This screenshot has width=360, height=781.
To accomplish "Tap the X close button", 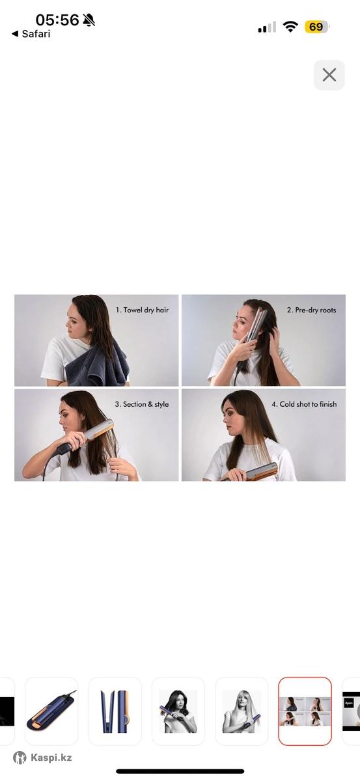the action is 329,75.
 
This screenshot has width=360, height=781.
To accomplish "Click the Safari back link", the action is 31,34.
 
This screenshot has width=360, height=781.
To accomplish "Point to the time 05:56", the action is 57,20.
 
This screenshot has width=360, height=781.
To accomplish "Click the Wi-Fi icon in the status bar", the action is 290,27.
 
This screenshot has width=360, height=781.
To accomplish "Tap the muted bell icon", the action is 89,20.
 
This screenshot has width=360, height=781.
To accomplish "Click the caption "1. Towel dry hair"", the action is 142,310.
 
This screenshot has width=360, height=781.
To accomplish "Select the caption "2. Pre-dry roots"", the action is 312,310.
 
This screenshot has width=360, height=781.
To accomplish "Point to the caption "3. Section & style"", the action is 142,404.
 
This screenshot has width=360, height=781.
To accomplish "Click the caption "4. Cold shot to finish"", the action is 304,404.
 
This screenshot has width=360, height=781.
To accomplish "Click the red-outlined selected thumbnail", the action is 305,706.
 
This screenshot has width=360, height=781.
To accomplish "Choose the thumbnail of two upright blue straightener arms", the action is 115,706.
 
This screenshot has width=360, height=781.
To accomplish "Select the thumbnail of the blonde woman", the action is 242,706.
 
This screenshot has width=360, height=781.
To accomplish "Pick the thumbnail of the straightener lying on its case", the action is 51,706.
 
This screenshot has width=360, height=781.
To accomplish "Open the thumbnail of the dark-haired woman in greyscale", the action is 178,706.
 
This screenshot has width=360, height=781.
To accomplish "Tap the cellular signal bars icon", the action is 267,27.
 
